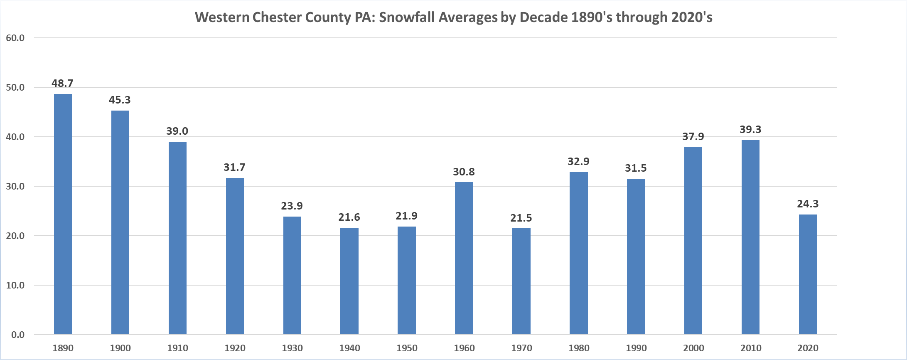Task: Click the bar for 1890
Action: pyautogui.click(x=63, y=214)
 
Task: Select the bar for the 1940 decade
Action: pyautogui.click(x=349, y=281)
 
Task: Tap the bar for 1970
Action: pyautogui.click(x=521, y=281)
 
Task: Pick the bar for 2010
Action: pyautogui.click(x=750, y=237)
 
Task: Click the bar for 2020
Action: pyautogui.click(x=808, y=274)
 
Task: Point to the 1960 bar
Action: pyautogui.click(x=464, y=258)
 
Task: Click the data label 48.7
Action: pyautogui.click(x=62, y=84)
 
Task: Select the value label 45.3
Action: pyautogui.click(x=120, y=100)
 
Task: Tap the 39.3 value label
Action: pyautogui.click(x=750, y=130)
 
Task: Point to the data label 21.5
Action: pyautogui.click(x=521, y=218)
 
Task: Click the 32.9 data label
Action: pyautogui.click(x=578, y=162)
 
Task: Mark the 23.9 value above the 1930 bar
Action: pyautogui.click(x=292, y=206)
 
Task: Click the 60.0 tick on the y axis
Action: pyautogui.click(x=15, y=38)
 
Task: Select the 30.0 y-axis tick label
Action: pyautogui.click(x=15, y=187)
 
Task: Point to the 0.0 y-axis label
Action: pyautogui.click(x=18, y=335)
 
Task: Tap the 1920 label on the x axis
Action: pyautogui.click(x=235, y=348)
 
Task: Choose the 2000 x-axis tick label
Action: pyautogui.click(x=693, y=348)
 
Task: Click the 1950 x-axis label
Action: pyautogui.click(x=407, y=348)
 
